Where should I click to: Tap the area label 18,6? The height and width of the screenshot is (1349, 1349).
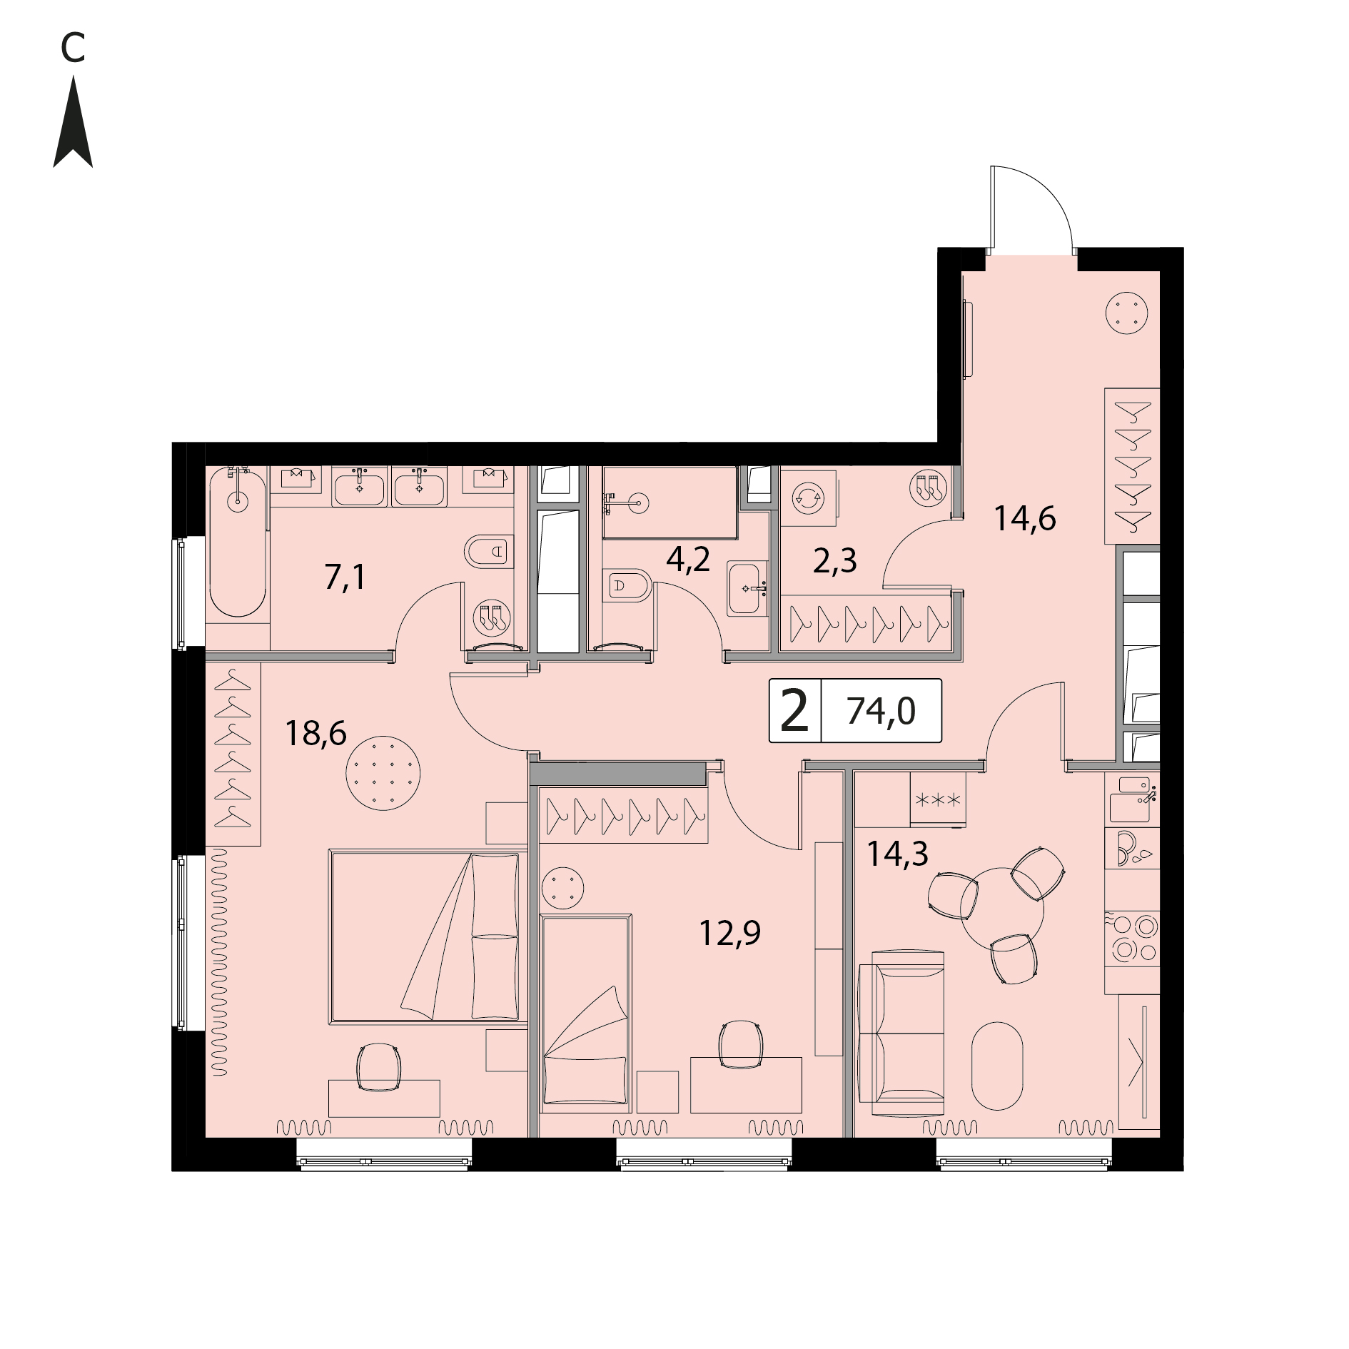tap(315, 733)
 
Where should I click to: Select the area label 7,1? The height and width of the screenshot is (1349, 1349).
tap(345, 577)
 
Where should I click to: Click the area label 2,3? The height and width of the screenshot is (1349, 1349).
tap(835, 561)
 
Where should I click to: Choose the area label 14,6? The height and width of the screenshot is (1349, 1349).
tap(1025, 518)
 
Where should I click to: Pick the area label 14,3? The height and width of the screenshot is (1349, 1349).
tap(897, 853)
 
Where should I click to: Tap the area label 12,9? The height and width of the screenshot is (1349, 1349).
tap(729, 933)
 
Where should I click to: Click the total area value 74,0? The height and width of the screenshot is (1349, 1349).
tap(881, 711)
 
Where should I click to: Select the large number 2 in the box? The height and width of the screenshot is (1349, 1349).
tap(794, 711)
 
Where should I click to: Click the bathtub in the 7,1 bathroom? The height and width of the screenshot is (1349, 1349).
tap(238, 542)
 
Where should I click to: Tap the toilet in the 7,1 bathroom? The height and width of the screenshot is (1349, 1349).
tap(489, 551)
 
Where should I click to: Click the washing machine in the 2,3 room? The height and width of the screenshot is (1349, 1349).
tap(809, 497)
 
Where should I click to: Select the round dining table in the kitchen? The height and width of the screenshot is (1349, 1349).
tap(1002, 909)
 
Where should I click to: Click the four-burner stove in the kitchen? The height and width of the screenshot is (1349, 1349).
tap(1132, 938)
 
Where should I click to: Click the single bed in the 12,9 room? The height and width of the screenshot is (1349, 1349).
tap(586, 1013)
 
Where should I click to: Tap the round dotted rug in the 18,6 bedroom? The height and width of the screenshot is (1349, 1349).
tap(383, 773)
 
